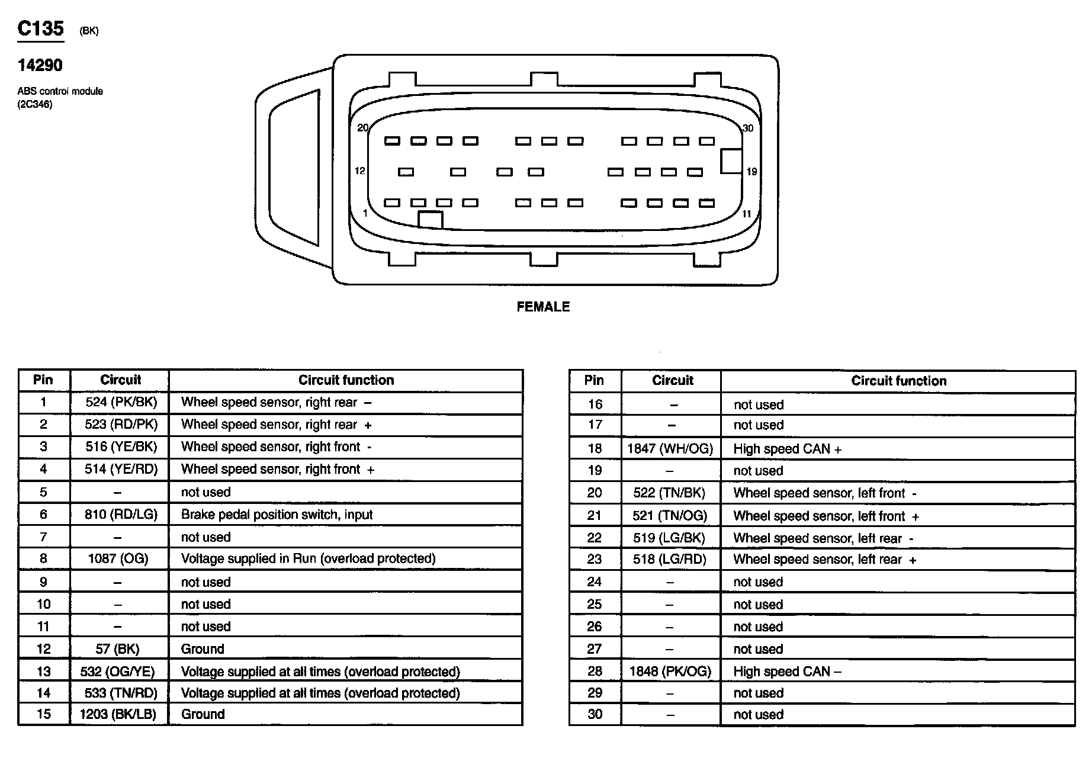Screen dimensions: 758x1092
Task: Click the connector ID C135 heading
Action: coord(40,28)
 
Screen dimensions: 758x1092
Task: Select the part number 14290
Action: coord(40,65)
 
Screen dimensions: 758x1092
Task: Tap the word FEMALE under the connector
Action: coord(543,307)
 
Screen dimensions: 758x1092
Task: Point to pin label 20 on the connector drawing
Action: coord(363,128)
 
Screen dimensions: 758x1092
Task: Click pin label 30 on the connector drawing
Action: coord(748,129)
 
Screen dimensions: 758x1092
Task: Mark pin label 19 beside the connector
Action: coord(751,172)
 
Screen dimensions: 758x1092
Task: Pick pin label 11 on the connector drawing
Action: coord(747,214)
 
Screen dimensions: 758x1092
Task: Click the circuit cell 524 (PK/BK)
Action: coord(121,403)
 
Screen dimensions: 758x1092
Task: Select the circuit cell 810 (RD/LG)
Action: coord(121,515)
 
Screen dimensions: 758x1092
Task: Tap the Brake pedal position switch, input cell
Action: coord(277,515)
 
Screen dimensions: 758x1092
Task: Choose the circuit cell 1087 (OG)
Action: coord(117,558)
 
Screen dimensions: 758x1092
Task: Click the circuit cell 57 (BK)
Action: coord(117,649)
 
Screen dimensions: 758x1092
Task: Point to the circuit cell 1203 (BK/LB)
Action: coord(118,714)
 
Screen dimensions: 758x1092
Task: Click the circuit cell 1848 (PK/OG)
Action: coord(670,672)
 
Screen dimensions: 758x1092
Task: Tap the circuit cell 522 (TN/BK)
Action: coord(669,493)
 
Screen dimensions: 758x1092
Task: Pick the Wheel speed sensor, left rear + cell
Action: coord(824,560)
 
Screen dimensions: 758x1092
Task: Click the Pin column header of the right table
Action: coord(594,381)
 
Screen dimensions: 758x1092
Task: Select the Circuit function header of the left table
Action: coord(346,380)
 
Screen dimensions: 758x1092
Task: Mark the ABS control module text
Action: coord(60,91)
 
